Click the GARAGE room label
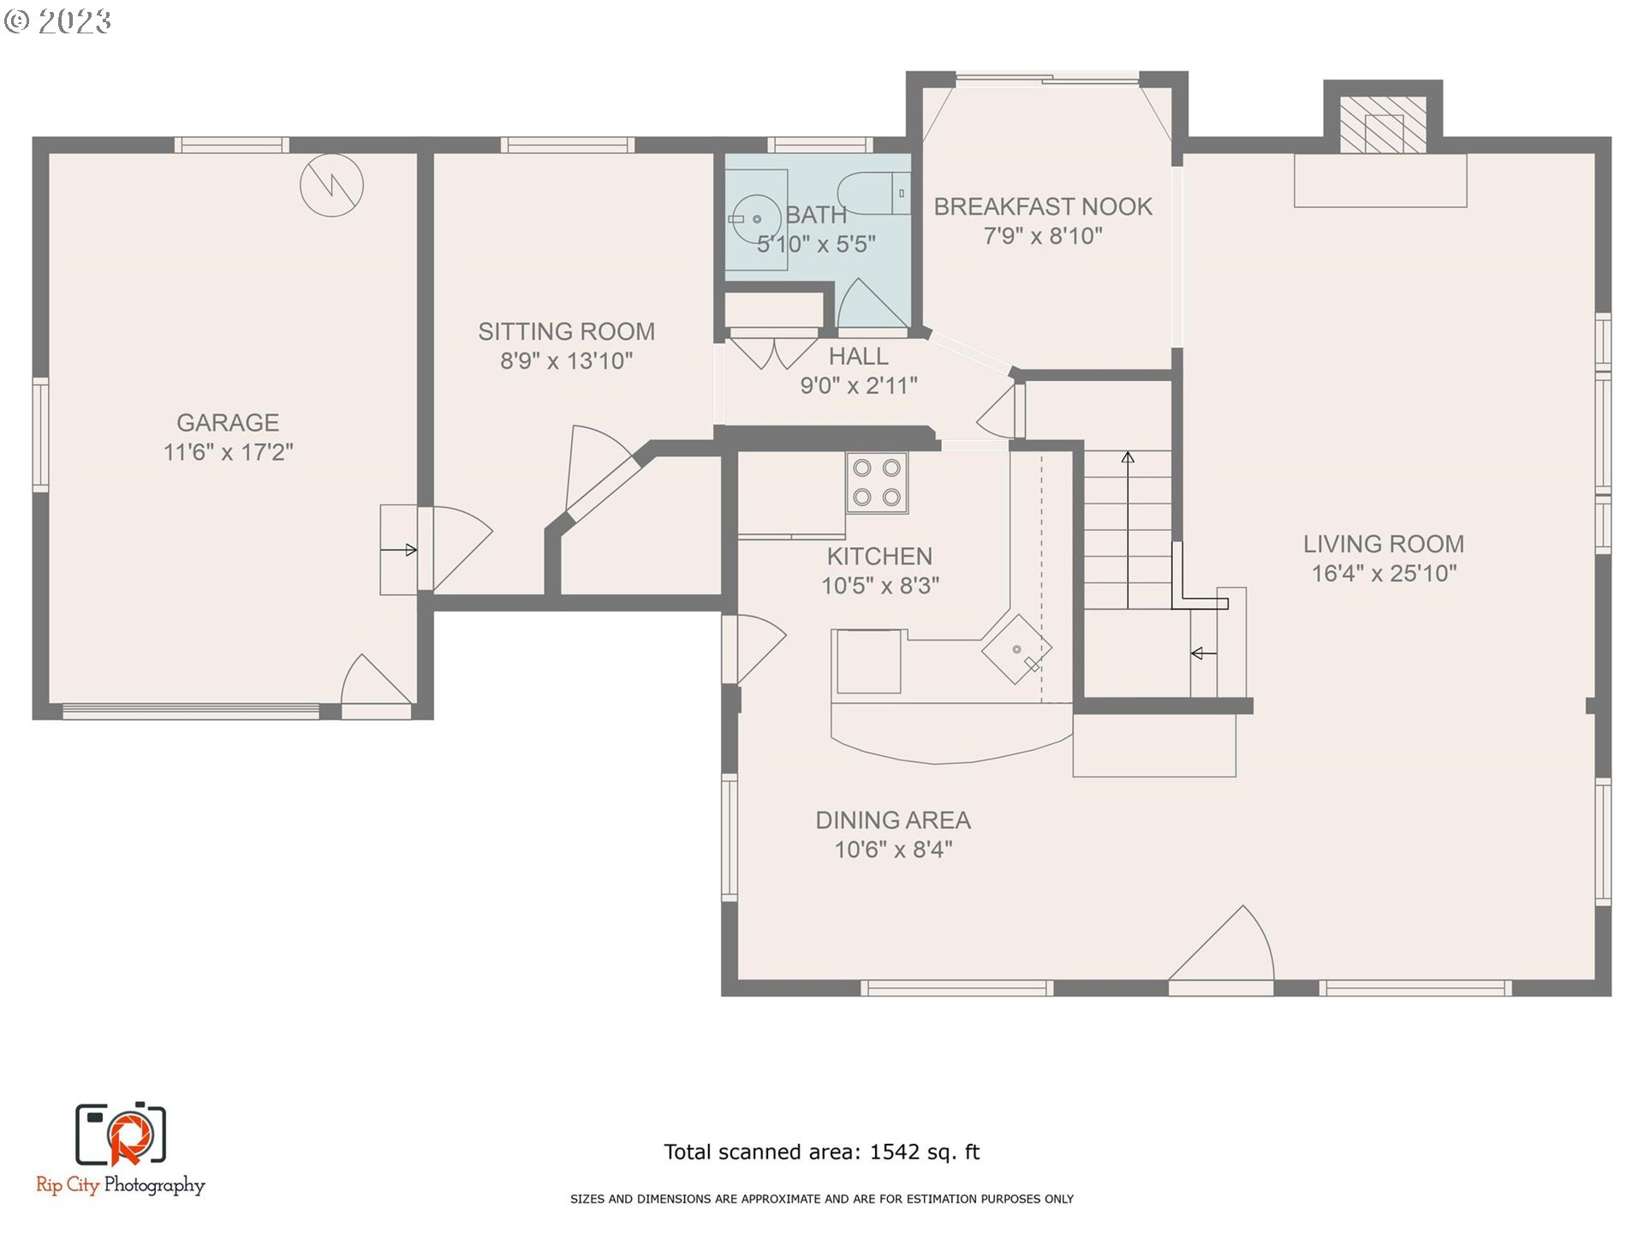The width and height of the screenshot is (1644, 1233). click(x=228, y=422)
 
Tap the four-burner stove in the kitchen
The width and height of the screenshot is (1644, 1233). click(x=877, y=483)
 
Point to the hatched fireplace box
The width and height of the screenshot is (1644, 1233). click(x=1383, y=123)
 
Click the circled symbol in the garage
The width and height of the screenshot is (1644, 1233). click(x=331, y=185)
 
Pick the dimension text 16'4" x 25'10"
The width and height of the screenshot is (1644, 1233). click(x=1384, y=574)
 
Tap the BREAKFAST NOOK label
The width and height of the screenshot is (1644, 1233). click(x=1042, y=206)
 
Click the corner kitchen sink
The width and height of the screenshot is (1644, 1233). click(x=1016, y=650)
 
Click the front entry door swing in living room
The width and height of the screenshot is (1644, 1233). click(x=1224, y=947)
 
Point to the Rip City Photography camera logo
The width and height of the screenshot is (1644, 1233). click(x=121, y=1135)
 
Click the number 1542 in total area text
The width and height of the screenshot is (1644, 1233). click(x=894, y=1152)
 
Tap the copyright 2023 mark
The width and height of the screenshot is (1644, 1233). click(x=58, y=21)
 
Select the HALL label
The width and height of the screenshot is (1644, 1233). click(x=858, y=356)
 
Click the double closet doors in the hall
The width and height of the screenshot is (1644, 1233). click(x=773, y=352)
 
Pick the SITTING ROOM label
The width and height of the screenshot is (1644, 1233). click(x=566, y=331)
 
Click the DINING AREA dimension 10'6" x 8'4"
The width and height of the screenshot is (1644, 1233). click(x=893, y=849)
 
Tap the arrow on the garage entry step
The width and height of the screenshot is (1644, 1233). click(x=399, y=550)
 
